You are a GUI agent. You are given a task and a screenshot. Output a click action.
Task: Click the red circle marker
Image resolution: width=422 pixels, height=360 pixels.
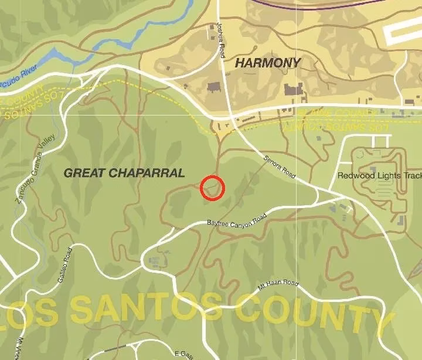coord(212,188)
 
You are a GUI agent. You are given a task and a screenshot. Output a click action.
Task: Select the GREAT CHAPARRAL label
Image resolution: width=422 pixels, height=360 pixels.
coord(124,173)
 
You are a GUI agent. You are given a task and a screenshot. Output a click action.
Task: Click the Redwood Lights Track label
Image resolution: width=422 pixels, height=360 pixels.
coord(379,175)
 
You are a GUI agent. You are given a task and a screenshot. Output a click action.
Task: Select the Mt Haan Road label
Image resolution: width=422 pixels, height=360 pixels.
coord(278,284)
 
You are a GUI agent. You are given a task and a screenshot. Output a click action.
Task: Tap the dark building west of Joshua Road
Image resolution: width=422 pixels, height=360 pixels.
coord(212,88)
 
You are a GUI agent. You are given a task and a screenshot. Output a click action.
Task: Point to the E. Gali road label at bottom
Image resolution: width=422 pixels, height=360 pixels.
coord(184,353)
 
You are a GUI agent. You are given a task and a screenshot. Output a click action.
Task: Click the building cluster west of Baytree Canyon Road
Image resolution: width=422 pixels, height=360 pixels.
coord(155,261)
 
